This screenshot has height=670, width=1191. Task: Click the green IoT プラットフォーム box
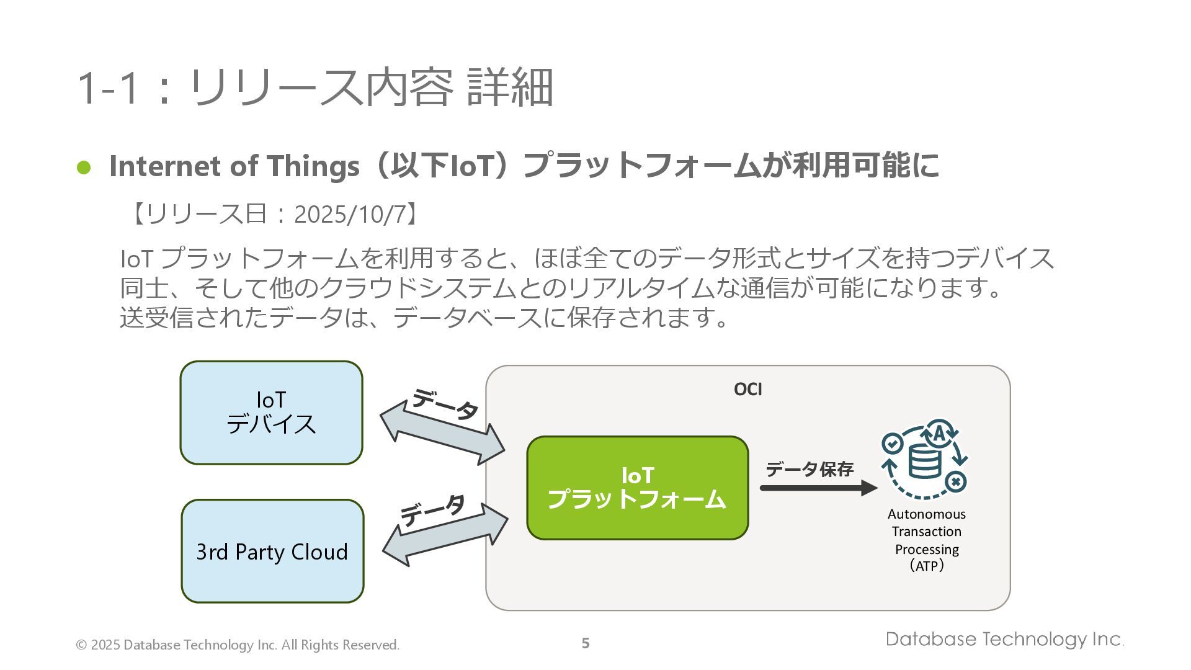point(637,488)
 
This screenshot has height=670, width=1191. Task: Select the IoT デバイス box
point(271,413)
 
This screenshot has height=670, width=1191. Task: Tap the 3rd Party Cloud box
point(272,551)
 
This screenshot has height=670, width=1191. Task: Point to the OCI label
point(747,389)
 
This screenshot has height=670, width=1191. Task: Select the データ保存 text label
point(810,469)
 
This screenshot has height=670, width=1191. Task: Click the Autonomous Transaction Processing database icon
point(924,459)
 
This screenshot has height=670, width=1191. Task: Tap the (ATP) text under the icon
point(927,566)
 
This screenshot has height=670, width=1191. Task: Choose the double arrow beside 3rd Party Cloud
point(445,534)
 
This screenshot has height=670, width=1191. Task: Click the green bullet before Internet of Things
point(84,167)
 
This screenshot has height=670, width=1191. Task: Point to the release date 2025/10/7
point(349,215)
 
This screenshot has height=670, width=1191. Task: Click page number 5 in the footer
point(586,643)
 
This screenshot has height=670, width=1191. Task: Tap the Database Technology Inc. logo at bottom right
point(1004,640)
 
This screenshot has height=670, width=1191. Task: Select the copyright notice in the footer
point(238,645)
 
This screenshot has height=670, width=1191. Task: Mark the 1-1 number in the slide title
point(107,87)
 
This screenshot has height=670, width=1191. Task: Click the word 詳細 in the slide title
point(509,87)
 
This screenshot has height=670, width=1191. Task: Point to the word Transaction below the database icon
point(927,532)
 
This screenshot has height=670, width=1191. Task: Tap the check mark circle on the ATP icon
point(892,444)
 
